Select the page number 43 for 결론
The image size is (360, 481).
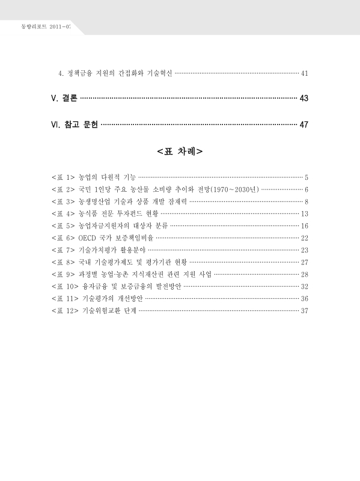click(x=304, y=99)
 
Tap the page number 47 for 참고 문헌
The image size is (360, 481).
click(x=304, y=125)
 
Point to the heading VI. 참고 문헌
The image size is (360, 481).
click(x=75, y=125)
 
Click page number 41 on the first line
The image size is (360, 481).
click(x=304, y=74)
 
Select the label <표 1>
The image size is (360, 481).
click(x=63, y=178)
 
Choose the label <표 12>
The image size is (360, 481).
click(x=66, y=311)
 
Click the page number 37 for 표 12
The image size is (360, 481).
click(x=304, y=311)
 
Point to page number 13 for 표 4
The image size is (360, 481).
click(x=304, y=214)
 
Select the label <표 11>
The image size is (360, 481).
click(x=66, y=299)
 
